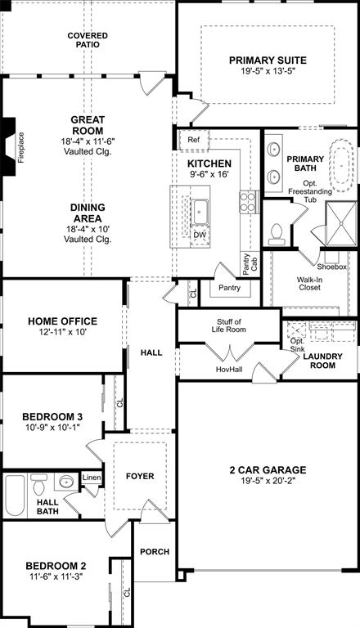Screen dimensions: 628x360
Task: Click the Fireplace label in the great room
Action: [x=21, y=148]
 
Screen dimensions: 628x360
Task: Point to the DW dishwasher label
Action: [x=199, y=235]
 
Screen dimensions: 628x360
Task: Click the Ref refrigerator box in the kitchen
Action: [x=194, y=140]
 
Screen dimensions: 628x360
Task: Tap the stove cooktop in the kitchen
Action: [x=246, y=203]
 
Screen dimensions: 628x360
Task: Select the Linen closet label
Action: [x=91, y=478]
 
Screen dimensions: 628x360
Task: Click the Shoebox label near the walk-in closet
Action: [x=331, y=267]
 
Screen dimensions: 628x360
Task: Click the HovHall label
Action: [x=229, y=369]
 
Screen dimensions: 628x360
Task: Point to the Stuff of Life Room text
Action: [x=231, y=325]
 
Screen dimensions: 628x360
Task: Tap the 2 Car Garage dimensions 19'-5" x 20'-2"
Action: [x=268, y=482]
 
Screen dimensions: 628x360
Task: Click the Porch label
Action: [x=154, y=552]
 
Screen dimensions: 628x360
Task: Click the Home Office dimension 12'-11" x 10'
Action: [x=62, y=334]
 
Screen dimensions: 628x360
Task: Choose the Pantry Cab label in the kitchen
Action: [x=246, y=263]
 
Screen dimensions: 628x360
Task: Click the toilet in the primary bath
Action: [x=277, y=233]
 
